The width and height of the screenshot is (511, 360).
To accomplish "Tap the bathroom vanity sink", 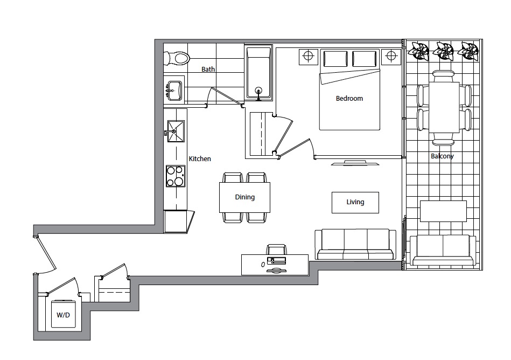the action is click(x=174, y=91).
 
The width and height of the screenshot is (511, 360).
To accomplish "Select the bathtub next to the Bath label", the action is click(x=258, y=73).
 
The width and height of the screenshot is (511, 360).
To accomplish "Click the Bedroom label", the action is click(x=349, y=99).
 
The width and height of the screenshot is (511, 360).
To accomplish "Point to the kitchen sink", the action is click(x=176, y=131).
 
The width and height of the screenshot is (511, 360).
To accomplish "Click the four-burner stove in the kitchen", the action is click(x=176, y=176).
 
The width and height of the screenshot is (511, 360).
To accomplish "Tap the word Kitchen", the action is click(x=200, y=159).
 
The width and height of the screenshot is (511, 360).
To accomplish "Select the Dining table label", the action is click(x=245, y=197).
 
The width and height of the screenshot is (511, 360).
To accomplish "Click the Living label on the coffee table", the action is click(x=355, y=202).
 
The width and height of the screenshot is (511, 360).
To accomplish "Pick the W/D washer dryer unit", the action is click(x=63, y=314).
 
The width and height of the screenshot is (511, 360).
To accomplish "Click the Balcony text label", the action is click(x=442, y=156).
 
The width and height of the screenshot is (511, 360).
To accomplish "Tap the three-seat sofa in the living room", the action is click(x=355, y=244).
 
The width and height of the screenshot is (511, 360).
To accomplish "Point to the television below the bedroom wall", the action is click(x=355, y=163).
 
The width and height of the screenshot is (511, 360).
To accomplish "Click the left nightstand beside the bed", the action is click(x=309, y=57).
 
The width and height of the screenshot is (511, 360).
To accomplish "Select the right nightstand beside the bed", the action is click(x=391, y=57).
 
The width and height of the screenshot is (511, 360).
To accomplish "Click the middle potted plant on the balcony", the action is click(x=443, y=51).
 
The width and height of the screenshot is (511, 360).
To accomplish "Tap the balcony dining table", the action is click(x=444, y=107).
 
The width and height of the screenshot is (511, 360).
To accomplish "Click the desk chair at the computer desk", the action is click(x=277, y=250).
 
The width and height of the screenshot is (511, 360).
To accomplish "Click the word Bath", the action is click(x=208, y=70).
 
